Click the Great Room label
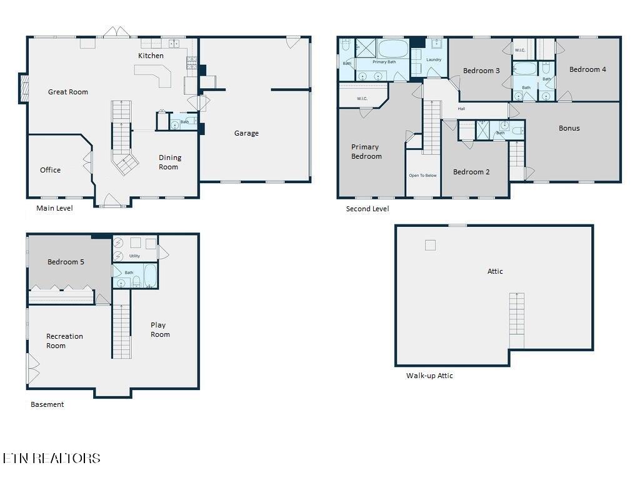coord(67,92)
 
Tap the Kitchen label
coord(151,56)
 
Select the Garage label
coord(246,133)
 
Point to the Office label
coord(50,170)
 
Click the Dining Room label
coord(169,162)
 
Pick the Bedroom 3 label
coord(481,71)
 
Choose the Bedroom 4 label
coord(587,69)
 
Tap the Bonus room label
coord(569,128)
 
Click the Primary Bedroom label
coord(366,151)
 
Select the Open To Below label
coord(422,176)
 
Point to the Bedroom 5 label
coord(66,262)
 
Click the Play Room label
coord(160,330)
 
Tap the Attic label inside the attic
coord(495,271)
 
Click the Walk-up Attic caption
coord(429,376)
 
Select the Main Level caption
coord(54,208)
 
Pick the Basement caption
coord(47,404)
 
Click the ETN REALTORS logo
coord(51,458)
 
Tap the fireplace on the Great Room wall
coord(24,88)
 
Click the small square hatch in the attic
coord(430,245)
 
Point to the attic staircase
coord(517,321)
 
